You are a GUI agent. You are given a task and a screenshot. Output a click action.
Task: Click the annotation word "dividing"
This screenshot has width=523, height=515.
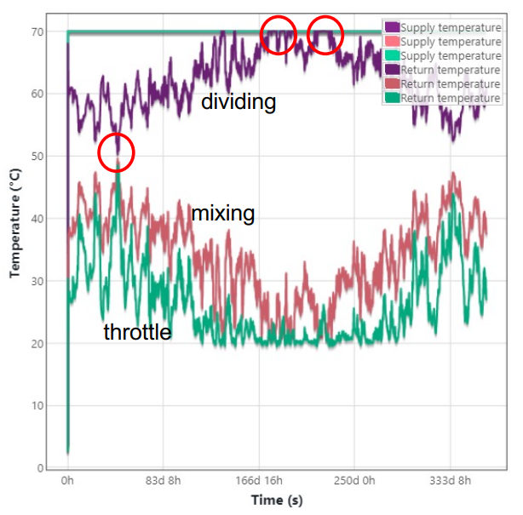tap(239, 103)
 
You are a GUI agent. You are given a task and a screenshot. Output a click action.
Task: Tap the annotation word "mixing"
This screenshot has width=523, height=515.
tap(223, 213)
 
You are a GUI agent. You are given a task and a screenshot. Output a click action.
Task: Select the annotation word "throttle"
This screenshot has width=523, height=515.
tap(137, 332)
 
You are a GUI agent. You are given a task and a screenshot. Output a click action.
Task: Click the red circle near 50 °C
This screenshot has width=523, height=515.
tap(116, 152)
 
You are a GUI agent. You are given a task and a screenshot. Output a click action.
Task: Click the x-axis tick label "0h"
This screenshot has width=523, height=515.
tap(68, 481)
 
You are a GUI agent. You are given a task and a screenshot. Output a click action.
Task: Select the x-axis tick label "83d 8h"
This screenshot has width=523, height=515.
tap(163, 481)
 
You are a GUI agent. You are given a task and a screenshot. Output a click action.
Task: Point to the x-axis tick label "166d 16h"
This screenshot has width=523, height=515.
tap(258, 481)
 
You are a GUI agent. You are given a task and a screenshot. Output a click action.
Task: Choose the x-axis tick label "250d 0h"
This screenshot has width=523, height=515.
tap(353, 481)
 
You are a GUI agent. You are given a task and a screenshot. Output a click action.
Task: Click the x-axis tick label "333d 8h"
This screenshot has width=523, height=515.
tap(448, 481)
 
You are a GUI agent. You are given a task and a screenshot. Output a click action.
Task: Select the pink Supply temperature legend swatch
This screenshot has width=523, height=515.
tap(392, 42)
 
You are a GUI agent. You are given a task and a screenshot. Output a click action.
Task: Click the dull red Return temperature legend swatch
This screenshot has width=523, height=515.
tap(392, 84)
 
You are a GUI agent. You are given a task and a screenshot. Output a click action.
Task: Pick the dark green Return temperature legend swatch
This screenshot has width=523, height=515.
tap(392, 99)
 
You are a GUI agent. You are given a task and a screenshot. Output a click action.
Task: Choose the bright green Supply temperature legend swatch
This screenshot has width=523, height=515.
tap(392, 56)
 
